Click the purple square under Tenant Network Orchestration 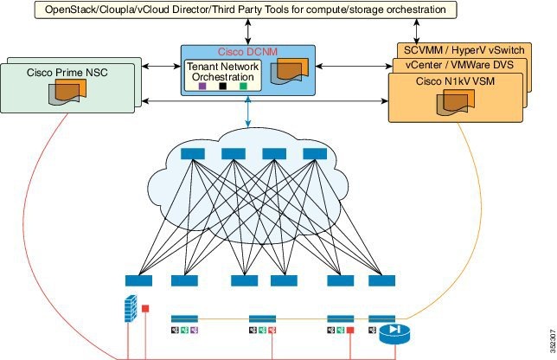(202, 87)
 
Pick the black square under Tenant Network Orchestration (222, 87)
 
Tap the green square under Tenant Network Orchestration (244, 87)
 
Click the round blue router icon (392, 331)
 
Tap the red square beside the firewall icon (144, 307)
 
